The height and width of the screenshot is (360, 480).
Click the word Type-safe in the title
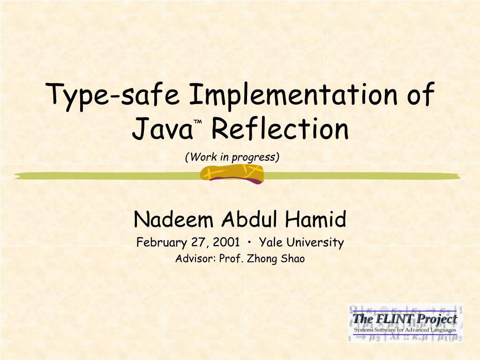pyautogui.click(x=113, y=95)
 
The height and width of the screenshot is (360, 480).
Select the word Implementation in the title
pyautogui.click(x=290, y=95)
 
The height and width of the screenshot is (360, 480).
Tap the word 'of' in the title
pyautogui.click(x=419, y=95)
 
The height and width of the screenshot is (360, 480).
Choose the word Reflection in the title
pyautogui.click(x=280, y=130)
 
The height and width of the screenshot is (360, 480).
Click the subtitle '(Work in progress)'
pyautogui.click(x=232, y=157)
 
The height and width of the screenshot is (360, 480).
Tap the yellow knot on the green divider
pyautogui.click(x=232, y=174)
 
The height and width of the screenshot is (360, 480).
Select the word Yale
pyautogui.click(x=271, y=243)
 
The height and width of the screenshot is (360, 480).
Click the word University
pyautogui.click(x=315, y=243)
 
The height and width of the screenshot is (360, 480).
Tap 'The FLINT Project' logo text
pyautogui.click(x=405, y=319)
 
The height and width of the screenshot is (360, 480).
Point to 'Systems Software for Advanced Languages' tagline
pyautogui.click(x=405, y=330)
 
